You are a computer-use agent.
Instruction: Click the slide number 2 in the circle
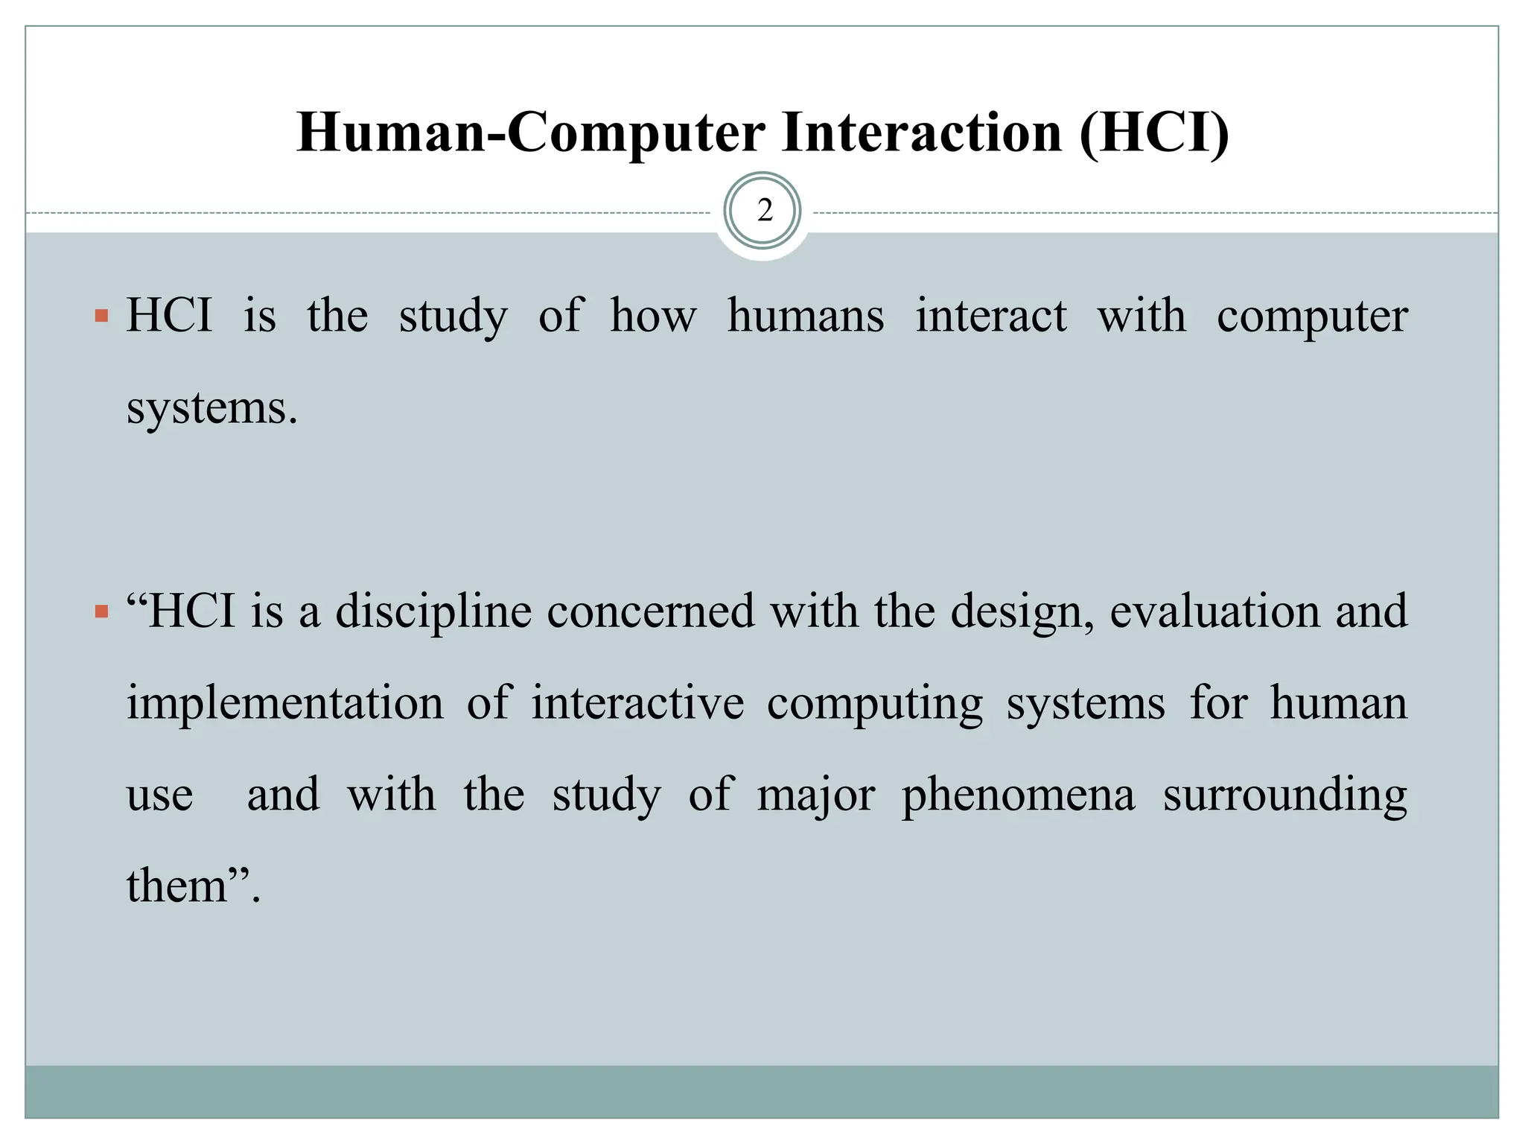(x=764, y=211)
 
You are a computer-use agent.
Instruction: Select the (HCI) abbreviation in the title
(x=1153, y=133)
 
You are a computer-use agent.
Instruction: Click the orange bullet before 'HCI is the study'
(x=102, y=317)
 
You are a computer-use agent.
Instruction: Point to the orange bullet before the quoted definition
(x=102, y=613)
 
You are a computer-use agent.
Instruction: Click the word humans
(x=806, y=315)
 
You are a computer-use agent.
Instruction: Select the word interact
(x=991, y=315)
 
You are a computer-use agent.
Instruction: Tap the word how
(x=653, y=315)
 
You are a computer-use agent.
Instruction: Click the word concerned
(x=651, y=611)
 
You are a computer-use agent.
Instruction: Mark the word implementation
(x=284, y=703)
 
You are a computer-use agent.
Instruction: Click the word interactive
(x=637, y=703)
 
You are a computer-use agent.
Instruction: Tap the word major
(x=815, y=795)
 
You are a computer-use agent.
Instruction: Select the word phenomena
(x=1019, y=795)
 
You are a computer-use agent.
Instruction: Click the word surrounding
(x=1285, y=795)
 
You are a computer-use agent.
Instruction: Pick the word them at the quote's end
(x=177, y=886)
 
